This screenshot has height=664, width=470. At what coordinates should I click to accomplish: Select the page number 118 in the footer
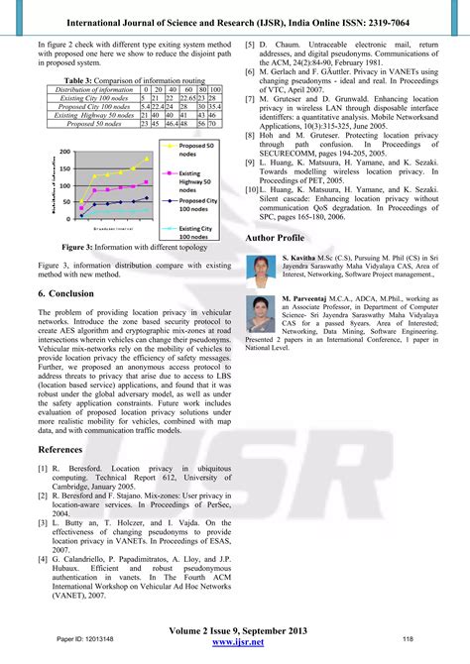click(x=407, y=638)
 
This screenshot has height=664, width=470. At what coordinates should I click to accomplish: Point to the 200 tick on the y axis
click(x=63, y=152)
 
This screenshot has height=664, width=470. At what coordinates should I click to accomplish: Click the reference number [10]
click(x=254, y=188)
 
